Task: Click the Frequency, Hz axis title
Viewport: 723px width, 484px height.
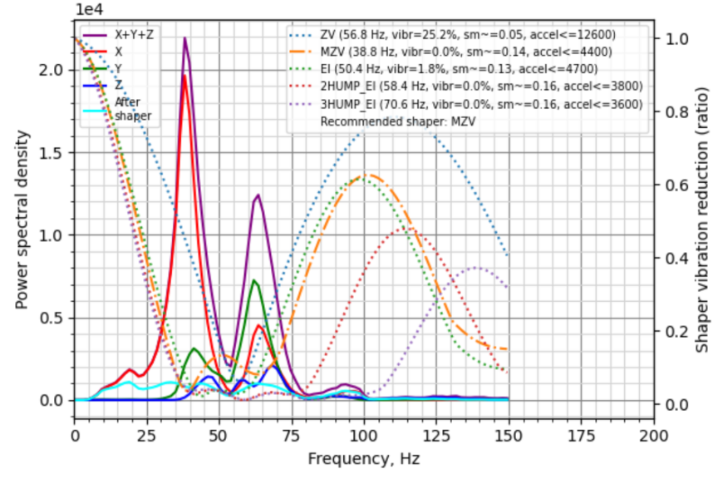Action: [x=363, y=458]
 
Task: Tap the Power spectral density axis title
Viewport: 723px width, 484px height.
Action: [x=22, y=225]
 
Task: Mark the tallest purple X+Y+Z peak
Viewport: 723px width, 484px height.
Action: [x=184, y=37]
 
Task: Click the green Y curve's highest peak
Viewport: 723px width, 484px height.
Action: [x=255, y=280]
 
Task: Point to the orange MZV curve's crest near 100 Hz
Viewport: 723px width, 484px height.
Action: [x=366, y=175]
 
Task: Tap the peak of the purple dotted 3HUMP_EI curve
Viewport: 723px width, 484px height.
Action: [x=476, y=267]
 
